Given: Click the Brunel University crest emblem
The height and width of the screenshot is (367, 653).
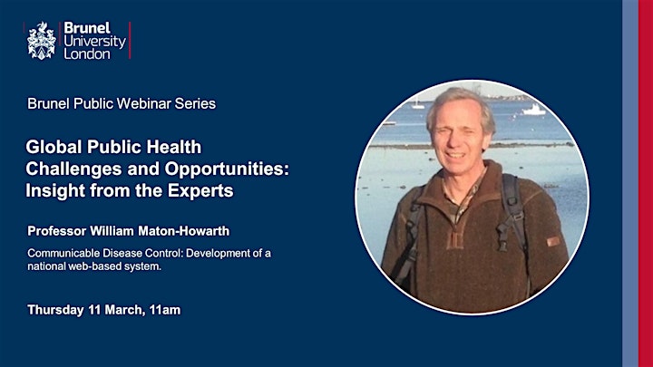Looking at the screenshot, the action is pos(41,41).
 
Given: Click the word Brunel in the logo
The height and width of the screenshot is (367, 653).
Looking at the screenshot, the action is pos(87,28).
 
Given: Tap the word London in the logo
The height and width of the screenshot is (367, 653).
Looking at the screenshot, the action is pos(87,54).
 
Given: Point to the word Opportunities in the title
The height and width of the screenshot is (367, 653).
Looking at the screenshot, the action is pos(227,169).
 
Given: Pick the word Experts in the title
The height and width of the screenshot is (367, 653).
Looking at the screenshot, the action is pos(200,191).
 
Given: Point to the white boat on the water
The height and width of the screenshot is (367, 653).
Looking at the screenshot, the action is pos(533,110).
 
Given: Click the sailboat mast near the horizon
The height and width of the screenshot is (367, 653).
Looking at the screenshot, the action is pos(416,101).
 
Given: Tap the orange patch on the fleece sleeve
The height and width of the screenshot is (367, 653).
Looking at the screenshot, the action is pos(553,241).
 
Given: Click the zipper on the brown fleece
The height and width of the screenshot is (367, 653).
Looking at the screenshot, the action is pos(457,235).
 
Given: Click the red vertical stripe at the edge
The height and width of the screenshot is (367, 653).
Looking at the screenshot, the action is pos(646,183).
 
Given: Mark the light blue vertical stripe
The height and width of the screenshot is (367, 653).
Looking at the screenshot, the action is pos(630,183).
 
